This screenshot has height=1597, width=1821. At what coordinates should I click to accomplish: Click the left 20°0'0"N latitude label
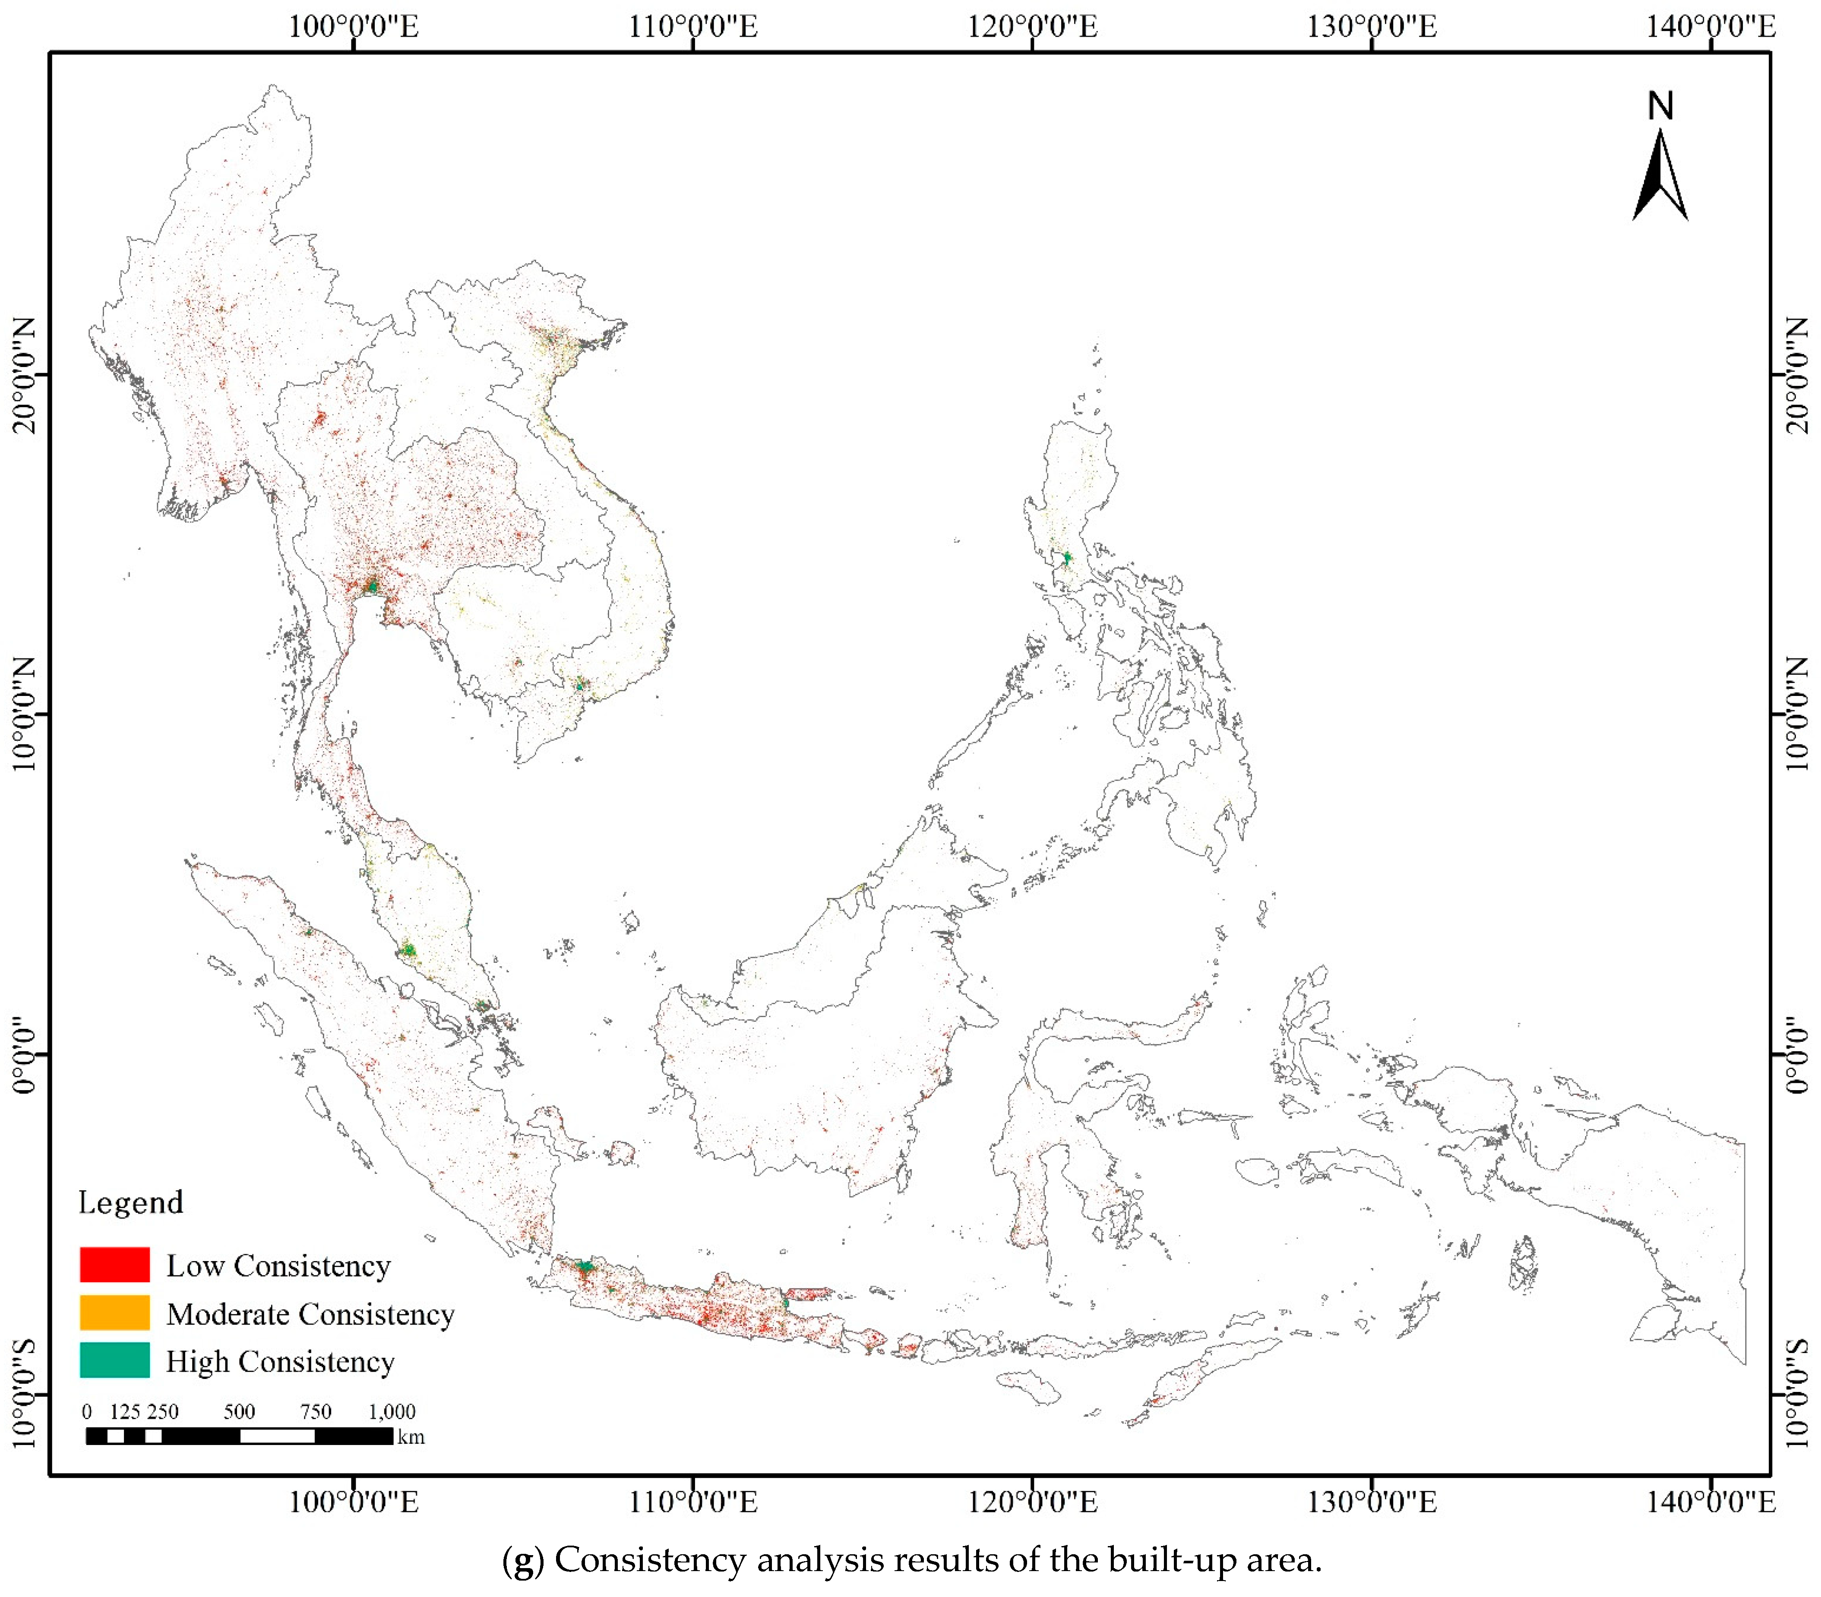[x=25, y=374]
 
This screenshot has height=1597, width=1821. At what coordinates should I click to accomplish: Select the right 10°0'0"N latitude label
[x=1798, y=714]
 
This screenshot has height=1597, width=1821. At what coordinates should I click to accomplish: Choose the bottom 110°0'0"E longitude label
[x=693, y=1502]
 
